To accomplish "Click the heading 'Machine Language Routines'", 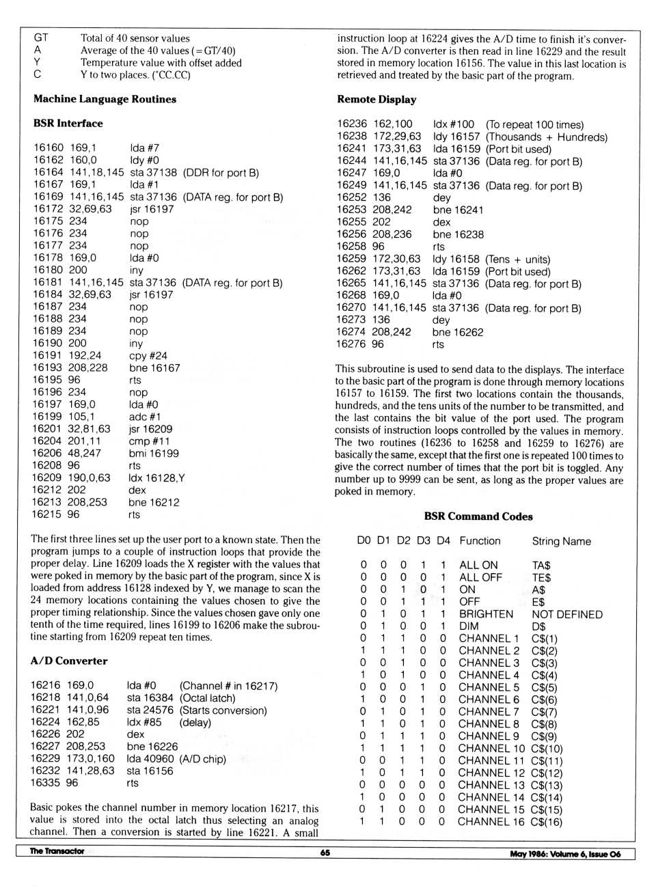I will coord(105,99).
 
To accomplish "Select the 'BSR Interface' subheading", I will coord(68,124).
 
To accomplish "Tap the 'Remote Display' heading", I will coord(377,100).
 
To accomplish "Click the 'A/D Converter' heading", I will coord(68,661).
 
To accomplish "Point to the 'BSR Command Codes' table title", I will coord(478,516).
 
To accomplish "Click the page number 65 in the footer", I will coord(325,853).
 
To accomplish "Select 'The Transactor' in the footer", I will coord(57,851).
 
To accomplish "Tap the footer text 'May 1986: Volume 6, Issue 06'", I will coord(565,854).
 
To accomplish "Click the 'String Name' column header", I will coord(561,541).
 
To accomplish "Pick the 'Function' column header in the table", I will coord(480,541).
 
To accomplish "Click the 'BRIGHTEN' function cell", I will coord(486,614).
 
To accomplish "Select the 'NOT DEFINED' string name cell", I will coord(567,614).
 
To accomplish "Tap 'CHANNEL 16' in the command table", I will coord(491,822).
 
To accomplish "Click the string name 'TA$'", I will coord(541,566).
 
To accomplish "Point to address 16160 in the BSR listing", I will coord(48,148).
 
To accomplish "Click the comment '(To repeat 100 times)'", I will coord(534,125).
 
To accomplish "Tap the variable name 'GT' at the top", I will coord(41,38).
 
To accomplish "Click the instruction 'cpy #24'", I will coord(148,356).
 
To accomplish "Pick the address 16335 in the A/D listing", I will coord(44,783).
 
